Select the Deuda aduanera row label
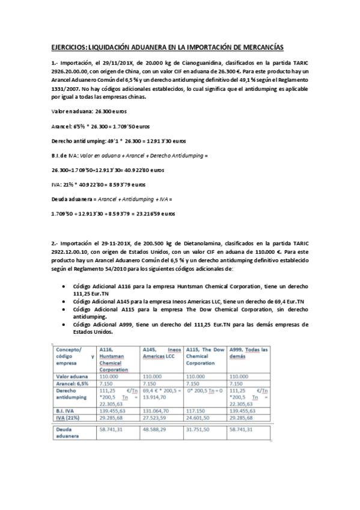click(67, 433)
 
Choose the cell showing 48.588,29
click(157, 430)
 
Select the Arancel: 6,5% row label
click(72, 382)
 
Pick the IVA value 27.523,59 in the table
click(157, 416)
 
